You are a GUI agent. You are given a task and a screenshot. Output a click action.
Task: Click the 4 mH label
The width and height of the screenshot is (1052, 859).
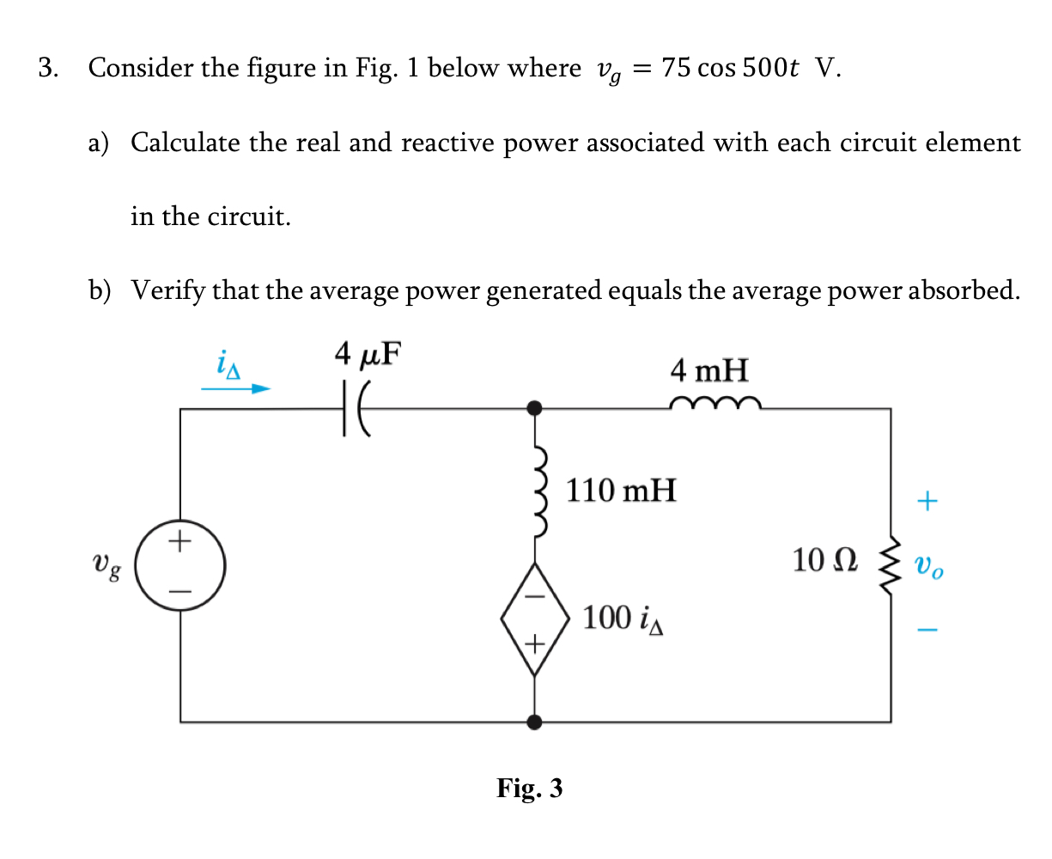pyautogui.click(x=709, y=371)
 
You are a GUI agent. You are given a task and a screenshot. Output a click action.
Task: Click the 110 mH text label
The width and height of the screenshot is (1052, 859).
pyautogui.click(x=621, y=490)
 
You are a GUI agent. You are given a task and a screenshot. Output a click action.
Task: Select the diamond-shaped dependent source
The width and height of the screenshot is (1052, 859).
pyautogui.click(x=534, y=618)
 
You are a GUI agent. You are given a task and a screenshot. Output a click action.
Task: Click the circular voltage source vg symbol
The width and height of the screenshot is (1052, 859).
pyautogui.click(x=179, y=566)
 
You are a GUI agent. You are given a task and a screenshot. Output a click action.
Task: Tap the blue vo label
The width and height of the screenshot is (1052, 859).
pyautogui.click(x=928, y=567)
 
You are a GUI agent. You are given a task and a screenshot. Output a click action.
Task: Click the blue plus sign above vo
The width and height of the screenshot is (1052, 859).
pyautogui.click(x=927, y=500)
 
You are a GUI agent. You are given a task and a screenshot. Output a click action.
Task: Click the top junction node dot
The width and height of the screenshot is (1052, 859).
pyautogui.click(x=534, y=408)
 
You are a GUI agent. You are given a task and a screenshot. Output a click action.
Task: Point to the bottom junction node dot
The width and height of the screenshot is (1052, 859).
pyautogui.click(x=534, y=722)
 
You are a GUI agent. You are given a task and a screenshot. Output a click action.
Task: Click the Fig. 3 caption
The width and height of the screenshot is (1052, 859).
pyautogui.click(x=529, y=787)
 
